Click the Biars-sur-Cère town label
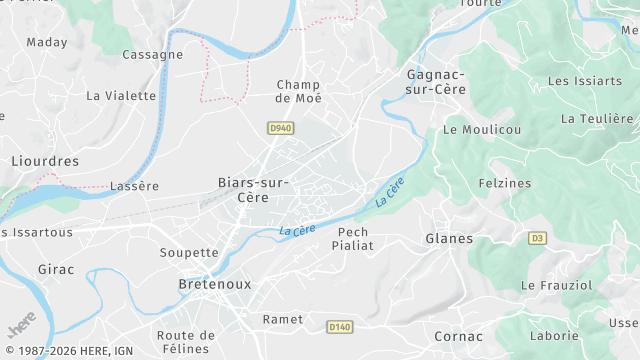point(254,190)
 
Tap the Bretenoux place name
point(214,284)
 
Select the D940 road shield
point(280,128)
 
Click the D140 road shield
point(340,327)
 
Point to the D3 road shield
point(538,238)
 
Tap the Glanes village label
point(449,238)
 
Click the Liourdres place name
point(44,161)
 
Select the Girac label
point(56,270)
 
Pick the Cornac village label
point(458,337)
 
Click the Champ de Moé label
point(298,91)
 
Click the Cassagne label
point(152,55)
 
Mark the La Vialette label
point(121,96)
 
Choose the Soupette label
point(188,253)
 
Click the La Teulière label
point(597,118)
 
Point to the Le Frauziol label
point(556,286)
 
